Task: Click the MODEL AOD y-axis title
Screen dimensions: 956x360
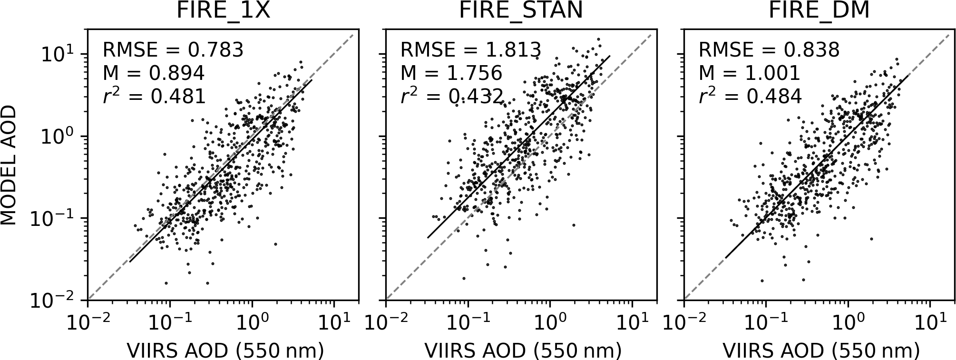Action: tap(9, 165)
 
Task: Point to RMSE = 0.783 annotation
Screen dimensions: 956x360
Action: tap(173, 49)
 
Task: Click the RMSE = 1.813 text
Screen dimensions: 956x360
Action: tap(471, 49)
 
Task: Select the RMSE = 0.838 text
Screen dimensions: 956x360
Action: tap(769, 49)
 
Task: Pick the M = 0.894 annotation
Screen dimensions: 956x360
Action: tap(154, 73)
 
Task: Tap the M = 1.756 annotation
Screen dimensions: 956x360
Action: tap(451, 73)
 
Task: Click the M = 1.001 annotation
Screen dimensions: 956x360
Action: tap(750, 73)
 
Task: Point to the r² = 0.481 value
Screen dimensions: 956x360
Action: tap(154, 96)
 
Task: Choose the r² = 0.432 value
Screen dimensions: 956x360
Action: tap(452, 96)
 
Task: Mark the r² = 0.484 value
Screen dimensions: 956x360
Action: tap(750, 96)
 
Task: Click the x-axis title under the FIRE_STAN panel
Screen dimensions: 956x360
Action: tap(523, 350)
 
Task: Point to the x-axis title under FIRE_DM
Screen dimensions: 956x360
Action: tap(821, 350)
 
